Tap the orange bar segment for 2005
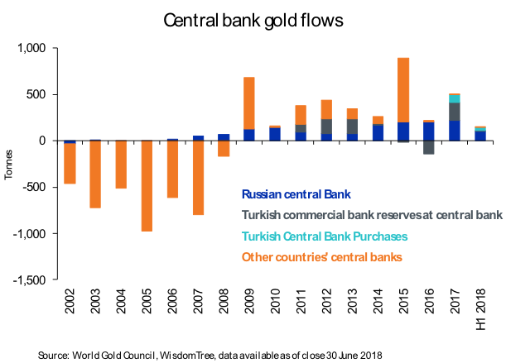(x=146, y=185)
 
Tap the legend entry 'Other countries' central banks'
(x=322, y=257)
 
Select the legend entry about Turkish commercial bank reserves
(x=372, y=216)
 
